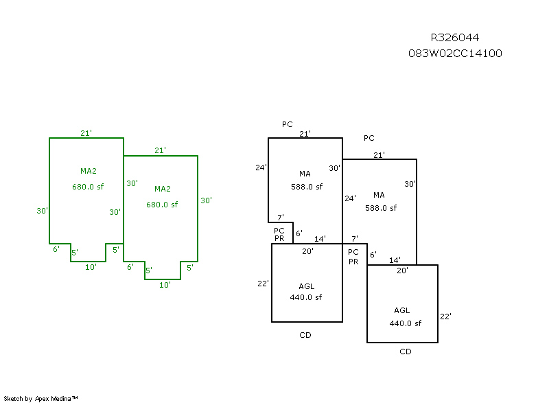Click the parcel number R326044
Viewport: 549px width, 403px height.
[x=455, y=38]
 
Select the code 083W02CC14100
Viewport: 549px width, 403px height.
[x=455, y=53]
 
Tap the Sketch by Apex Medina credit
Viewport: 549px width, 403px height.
[x=41, y=398]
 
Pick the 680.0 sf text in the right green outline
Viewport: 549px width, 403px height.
[x=162, y=205]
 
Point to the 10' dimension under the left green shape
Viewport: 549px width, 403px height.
[x=91, y=267]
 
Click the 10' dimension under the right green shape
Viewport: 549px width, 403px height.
[x=164, y=284]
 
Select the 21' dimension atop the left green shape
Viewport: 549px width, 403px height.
[x=86, y=133]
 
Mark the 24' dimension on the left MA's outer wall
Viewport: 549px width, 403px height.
[x=261, y=168]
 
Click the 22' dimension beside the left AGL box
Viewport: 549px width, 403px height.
[x=263, y=284]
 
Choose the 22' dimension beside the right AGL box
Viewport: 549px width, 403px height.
[x=445, y=316]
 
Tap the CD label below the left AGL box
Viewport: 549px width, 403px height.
[x=305, y=336]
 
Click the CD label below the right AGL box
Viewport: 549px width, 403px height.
[x=406, y=352]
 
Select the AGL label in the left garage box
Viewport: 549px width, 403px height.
[x=307, y=286]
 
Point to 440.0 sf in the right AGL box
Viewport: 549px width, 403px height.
[x=405, y=323]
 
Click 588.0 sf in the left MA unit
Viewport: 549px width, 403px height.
[x=306, y=187]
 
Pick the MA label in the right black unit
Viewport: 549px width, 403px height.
[x=379, y=195]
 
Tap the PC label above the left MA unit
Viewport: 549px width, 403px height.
[x=288, y=124]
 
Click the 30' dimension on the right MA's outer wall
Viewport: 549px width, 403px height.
[x=410, y=184]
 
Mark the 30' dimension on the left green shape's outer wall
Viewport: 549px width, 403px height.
[x=43, y=211]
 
